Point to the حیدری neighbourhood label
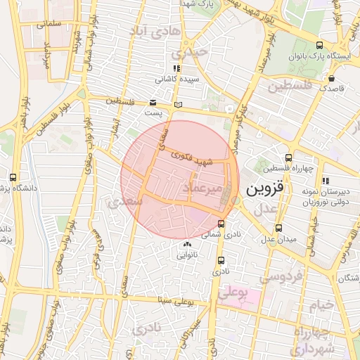193,52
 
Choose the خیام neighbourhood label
319,304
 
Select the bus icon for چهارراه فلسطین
288,158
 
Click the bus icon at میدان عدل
279,228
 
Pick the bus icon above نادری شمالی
221,224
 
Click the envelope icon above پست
153,103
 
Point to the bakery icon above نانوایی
186,245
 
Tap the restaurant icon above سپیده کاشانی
176,69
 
